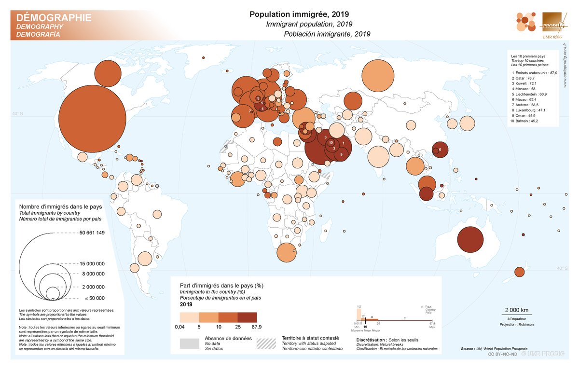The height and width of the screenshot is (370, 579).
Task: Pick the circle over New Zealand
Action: click(519, 272)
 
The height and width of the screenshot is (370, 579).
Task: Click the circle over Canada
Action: click(109, 73)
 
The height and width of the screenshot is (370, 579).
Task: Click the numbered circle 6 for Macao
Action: click(440, 150)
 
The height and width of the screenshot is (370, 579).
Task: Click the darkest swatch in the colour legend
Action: click(247, 317)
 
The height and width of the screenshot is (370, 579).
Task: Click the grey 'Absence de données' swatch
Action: click(189, 343)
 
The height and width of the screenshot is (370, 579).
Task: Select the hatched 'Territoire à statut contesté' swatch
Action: click(266, 343)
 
